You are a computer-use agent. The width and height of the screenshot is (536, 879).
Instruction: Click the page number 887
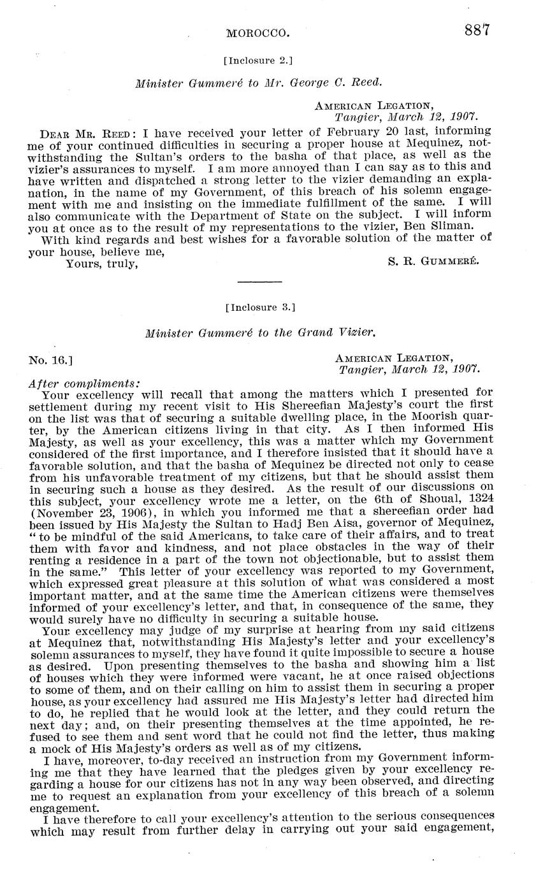click(x=477, y=31)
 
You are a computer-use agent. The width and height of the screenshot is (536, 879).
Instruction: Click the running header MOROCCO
click(x=259, y=32)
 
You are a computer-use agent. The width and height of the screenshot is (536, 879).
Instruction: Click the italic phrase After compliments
click(x=83, y=383)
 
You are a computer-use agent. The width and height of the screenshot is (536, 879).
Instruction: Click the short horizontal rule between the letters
click(x=259, y=281)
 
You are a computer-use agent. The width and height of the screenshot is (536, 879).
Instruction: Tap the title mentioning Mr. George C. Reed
click(x=259, y=83)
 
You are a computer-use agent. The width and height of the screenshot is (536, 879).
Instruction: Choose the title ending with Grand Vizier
click(x=260, y=332)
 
